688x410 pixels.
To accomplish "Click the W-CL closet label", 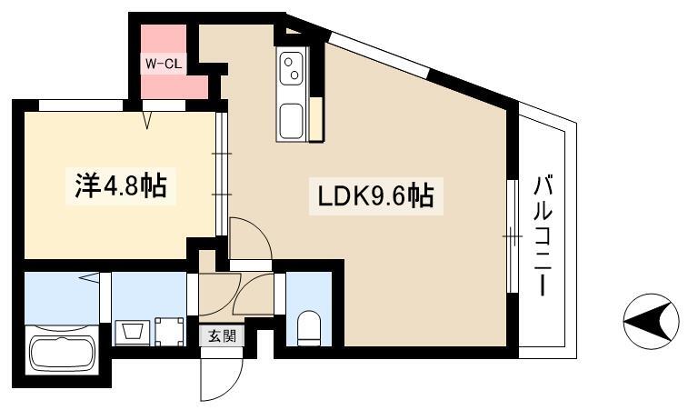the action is pyautogui.click(x=164, y=65).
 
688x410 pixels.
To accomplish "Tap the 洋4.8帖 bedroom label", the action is pyautogui.click(x=121, y=185).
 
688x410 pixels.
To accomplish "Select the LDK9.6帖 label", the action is pyautogui.click(x=375, y=195).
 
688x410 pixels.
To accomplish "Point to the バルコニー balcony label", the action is pyautogui.click(x=543, y=235).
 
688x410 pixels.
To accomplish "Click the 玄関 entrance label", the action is pyautogui.click(x=222, y=335).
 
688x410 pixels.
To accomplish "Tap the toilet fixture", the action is pyautogui.click(x=309, y=328).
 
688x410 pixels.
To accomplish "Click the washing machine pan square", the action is pyautogui.click(x=169, y=332).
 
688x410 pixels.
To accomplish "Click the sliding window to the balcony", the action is pyautogui.click(x=513, y=236).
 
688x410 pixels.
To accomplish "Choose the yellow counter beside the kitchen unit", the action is pyautogui.click(x=316, y=118).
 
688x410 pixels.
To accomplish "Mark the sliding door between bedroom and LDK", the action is pyautogui.click(x=222, y=175).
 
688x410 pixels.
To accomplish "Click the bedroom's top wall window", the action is pyautogui.click(x=81, y=105).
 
